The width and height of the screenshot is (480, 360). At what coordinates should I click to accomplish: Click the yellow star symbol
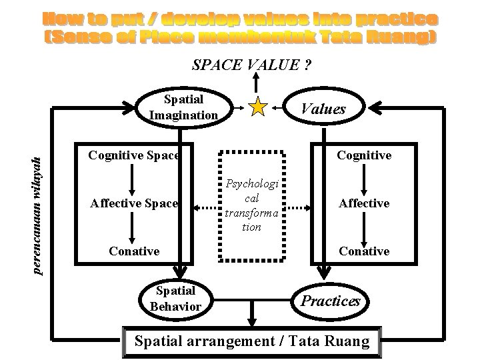(257, 107)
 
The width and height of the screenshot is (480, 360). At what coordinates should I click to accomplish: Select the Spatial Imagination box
(184, 107)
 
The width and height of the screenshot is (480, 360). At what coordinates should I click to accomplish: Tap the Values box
(324, 108)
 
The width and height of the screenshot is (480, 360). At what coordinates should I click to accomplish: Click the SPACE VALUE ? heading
(252, 65)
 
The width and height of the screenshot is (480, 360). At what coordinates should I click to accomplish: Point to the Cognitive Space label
(134, 155)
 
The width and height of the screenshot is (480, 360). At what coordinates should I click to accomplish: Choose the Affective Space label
(134, 203)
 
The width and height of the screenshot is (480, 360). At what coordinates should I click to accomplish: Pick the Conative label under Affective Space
(134, 251)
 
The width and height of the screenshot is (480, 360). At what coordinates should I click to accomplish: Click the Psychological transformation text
(251, 205)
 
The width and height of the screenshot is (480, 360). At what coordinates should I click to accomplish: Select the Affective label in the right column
(363, 203)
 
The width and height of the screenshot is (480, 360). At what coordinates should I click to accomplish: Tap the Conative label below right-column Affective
(363, 251)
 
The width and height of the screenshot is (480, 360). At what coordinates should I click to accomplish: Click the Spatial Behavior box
(175, 298)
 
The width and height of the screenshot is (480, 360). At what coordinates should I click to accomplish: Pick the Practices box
(331, 301)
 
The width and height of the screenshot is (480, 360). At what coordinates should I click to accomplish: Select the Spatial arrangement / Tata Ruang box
(252, 341)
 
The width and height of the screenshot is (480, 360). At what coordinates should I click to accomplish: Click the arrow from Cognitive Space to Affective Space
(134, 179)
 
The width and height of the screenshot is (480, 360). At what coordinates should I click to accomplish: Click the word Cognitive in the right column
(363, 155)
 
